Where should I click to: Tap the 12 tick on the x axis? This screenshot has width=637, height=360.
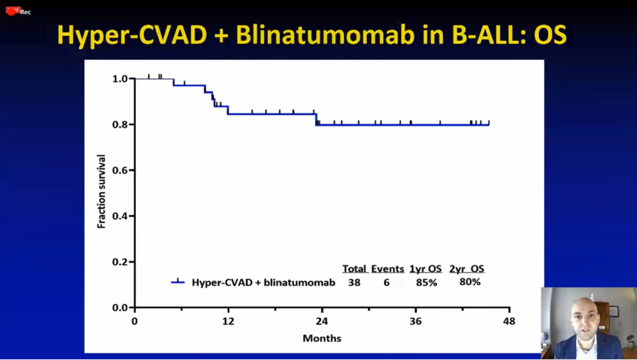[x=228, y=322]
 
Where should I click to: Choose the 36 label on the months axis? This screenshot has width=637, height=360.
[x=415, y=322]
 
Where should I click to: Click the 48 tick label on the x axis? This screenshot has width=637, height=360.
[x=509, y=322]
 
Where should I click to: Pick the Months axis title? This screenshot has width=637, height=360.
[x=321, y=338]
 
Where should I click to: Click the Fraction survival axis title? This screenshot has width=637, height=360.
[x=101, y=192]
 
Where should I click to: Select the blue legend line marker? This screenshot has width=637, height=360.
[x=178, y=282]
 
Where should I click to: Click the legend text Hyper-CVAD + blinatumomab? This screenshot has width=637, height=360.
[x=263, y=282]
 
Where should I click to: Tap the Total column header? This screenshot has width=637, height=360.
[x=354, y=269]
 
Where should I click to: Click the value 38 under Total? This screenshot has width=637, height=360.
[x=354, y=282]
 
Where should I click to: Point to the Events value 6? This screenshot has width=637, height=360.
[x=386, y=282]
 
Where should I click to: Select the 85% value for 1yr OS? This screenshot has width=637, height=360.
[x=426, y=282]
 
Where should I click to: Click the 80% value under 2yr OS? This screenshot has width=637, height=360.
[x=469, y=282]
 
